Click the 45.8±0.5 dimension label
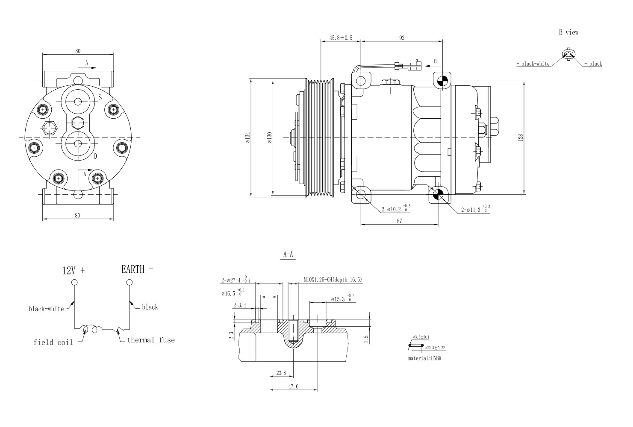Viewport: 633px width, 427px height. (341, 38)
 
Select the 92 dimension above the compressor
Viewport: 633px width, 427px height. (402, 38)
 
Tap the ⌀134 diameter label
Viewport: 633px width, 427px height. (247, 137)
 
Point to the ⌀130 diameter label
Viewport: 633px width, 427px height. (269, 137)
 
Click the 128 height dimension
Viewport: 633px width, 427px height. (520, 137)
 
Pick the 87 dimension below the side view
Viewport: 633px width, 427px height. (399, 221)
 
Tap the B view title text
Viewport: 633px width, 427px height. (568, 32)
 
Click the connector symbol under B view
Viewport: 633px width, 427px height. (568, 54)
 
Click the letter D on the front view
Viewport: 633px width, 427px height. (95, 156)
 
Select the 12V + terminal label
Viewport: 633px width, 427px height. (74, 270)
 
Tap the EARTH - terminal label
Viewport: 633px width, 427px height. (137, 269)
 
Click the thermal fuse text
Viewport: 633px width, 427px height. (151, 340)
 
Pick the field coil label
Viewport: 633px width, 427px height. (53, 342)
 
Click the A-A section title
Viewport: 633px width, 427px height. (289, 254)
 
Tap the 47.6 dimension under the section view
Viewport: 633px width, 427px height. (293, 386)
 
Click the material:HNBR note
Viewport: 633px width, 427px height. (424, 358)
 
